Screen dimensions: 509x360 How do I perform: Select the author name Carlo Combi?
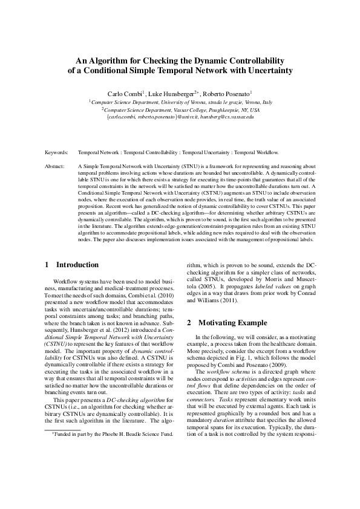(x=124, y=94)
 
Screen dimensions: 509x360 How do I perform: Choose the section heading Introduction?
(x=77, y=264)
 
